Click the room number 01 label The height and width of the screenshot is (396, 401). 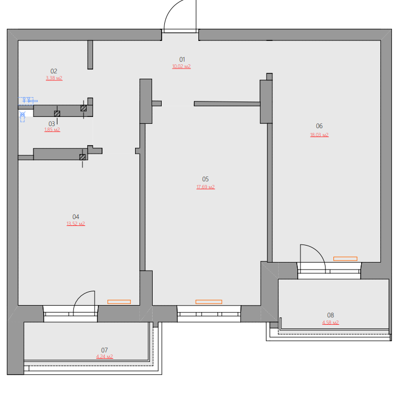[182, 60]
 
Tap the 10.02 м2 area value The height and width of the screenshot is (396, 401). [181, 66]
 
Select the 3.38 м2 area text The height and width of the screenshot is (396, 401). [54, 78]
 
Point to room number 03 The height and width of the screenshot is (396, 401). [52, 124]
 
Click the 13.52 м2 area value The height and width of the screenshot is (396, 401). [76, 224]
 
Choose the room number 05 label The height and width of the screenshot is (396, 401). [205, 179]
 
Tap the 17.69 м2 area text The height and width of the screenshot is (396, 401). [206, 187]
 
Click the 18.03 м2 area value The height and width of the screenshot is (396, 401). [320, 134]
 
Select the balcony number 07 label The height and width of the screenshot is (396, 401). [104, 350]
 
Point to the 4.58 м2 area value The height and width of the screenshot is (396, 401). [330, 322]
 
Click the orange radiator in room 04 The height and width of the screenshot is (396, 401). [119, 302]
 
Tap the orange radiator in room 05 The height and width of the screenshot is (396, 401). [208, 302]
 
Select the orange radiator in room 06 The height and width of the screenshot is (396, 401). [345, 259]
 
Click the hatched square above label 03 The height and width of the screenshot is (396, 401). [57, 114]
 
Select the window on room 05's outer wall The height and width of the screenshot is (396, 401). [208, 314]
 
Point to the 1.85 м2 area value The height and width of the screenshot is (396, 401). [52, 130]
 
